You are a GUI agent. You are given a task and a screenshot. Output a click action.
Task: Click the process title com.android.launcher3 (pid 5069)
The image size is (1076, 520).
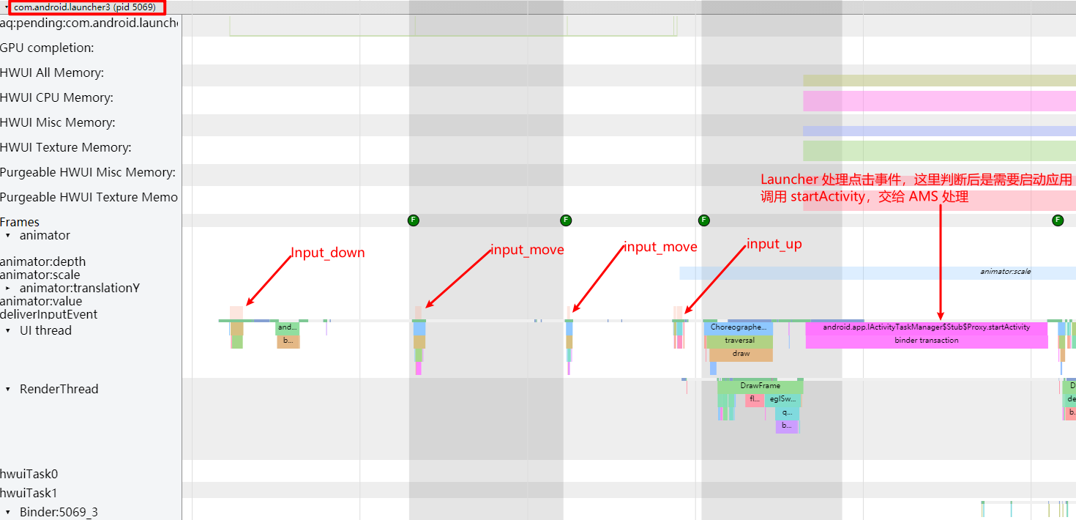pos(85,7)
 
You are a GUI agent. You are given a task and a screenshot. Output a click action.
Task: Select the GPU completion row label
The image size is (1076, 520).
pos(47,48)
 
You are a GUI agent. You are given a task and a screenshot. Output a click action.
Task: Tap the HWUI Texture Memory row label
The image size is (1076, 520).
pos(66,148)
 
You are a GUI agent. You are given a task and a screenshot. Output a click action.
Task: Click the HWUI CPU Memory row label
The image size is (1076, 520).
pos(56,98)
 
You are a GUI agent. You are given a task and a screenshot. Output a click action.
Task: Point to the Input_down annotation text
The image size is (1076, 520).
pos(327,253)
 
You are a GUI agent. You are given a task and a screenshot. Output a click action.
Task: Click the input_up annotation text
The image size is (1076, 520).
pos(774,245)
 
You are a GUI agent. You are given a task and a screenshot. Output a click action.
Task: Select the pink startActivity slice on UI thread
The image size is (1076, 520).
pos(926,327)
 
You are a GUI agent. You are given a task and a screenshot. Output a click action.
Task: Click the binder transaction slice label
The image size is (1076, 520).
pos(926,341)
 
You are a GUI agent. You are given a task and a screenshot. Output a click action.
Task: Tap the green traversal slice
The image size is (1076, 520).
pos(739,341)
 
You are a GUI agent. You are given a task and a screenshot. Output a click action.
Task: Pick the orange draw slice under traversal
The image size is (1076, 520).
pos(741,354)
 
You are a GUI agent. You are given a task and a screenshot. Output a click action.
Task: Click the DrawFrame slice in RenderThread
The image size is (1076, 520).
pos(760,386)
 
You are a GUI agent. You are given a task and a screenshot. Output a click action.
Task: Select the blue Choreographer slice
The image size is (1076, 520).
pos(738,327)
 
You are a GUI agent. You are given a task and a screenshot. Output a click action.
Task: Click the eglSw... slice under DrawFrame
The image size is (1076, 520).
pos(782,400)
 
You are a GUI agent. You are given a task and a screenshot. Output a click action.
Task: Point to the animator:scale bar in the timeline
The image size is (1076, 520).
pos(1005,272)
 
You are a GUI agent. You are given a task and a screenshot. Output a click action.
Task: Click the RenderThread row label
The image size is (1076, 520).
pos(59,390)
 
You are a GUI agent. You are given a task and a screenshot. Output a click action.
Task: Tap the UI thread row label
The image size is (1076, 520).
pos(45,331)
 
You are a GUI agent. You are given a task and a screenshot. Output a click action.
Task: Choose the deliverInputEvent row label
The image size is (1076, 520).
pos(48,315)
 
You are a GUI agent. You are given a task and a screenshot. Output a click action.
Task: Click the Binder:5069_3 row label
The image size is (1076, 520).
pos(59,512)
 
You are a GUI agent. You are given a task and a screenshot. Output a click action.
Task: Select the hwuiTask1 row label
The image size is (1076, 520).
pos(29,494)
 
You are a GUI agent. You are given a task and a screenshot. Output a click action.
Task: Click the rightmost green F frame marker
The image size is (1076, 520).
pos(1057,220)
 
